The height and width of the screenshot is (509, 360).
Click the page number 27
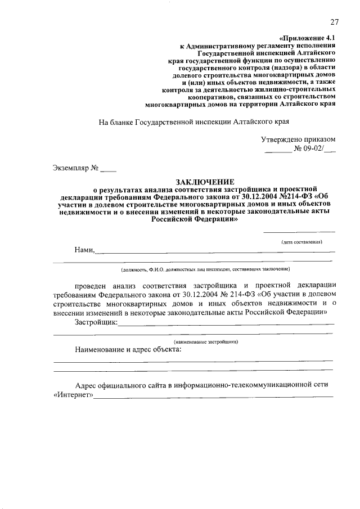point(334,22)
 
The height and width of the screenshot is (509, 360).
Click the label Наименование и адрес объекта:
point(128,349)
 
